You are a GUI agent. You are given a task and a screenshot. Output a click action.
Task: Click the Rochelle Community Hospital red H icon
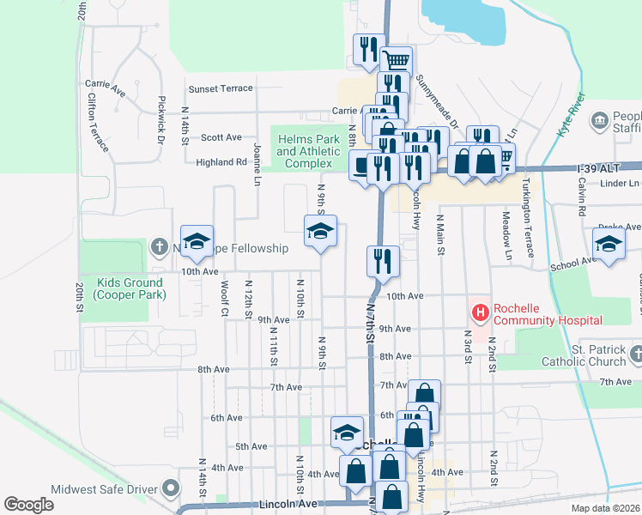point(480,312)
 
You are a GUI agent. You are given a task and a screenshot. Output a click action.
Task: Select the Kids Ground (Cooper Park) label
point(130,288)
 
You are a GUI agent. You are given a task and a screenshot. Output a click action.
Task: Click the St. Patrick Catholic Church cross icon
point(636,353)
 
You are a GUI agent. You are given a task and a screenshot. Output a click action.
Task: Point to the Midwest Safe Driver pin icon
point(171,489)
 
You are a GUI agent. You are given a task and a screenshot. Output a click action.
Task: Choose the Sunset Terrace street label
point(221,88)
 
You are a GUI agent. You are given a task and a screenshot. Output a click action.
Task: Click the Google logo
point(28,504)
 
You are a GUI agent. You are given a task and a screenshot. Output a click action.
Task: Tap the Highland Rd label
point(221,161)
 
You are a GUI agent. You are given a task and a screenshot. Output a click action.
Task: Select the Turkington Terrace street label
point(527,216)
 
